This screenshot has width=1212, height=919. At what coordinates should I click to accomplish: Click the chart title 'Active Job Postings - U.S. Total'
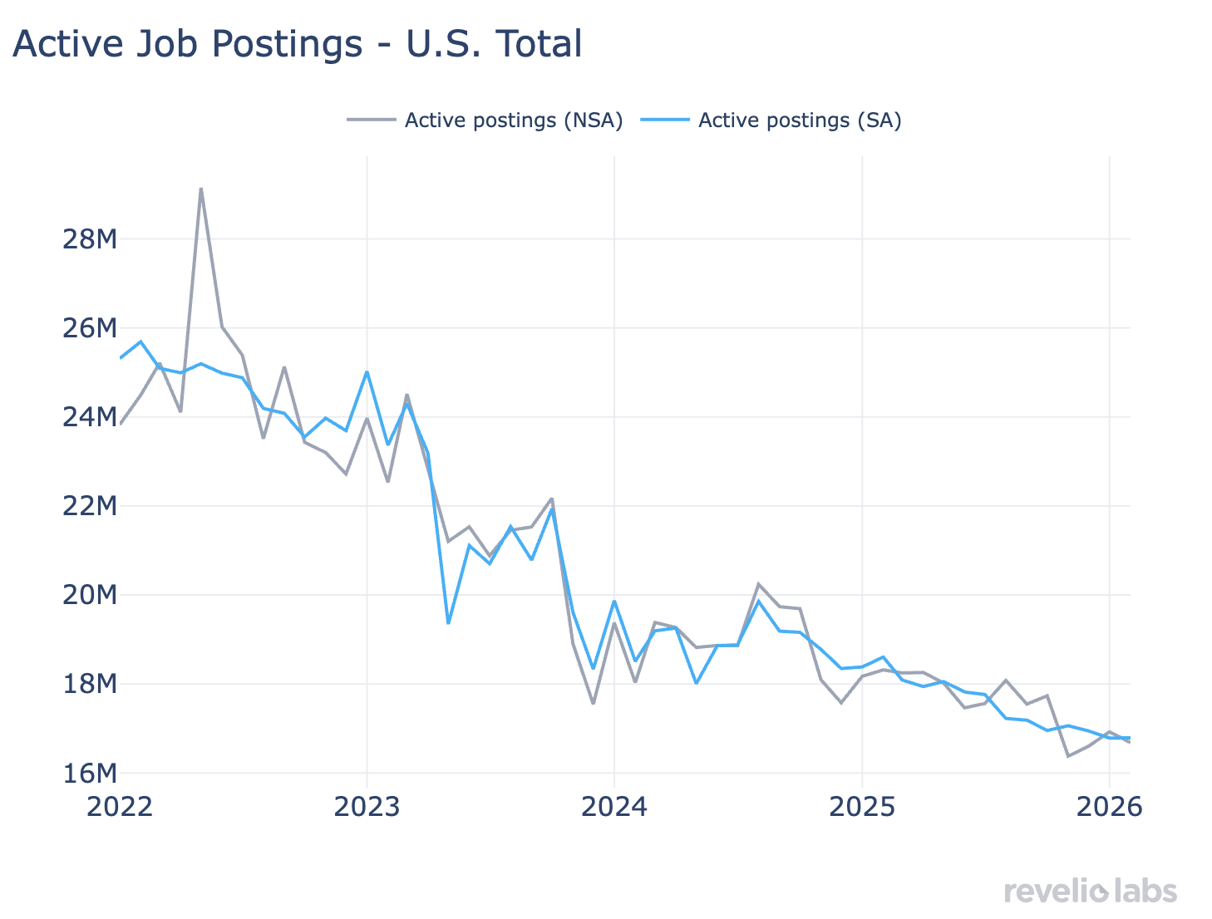click(x=297, y=44)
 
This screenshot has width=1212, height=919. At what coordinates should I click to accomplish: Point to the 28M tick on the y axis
click(x=90, y=239)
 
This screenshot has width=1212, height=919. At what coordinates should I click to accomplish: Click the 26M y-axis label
click(x=90, y=328)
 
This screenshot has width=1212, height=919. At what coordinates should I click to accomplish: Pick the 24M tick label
click(x=90, y=417)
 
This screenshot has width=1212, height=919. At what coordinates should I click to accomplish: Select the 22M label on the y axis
click(x=90, y=506)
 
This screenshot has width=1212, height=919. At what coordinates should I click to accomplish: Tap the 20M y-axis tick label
click(x=90, y=595)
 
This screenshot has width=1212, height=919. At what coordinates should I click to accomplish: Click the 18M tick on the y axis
click(x=90, y=684)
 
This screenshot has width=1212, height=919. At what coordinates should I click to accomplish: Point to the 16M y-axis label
click(x=90, y=773)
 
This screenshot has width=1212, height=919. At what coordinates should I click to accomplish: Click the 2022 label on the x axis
click(x=120, y=807)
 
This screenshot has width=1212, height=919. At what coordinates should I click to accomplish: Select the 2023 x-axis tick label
click(x=367, y=807)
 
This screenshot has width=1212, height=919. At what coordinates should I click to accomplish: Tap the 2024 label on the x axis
click(x=614, y=807)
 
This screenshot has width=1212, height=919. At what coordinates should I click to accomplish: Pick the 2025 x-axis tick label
click(x=862, y=807)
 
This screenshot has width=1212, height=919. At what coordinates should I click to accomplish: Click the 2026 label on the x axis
click(x=1109, y=807)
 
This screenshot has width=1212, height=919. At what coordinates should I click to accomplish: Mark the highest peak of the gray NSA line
click(x=201, y=189)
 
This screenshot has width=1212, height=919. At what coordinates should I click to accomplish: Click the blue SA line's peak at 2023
click(x=367, y=371)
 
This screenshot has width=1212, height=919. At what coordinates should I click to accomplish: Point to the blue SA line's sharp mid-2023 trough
click(x=448, y=623)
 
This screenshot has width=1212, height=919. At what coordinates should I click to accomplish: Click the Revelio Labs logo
click(x=1091, y=892)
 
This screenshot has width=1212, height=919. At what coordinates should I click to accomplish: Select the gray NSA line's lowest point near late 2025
click(x=1068, y=756)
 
